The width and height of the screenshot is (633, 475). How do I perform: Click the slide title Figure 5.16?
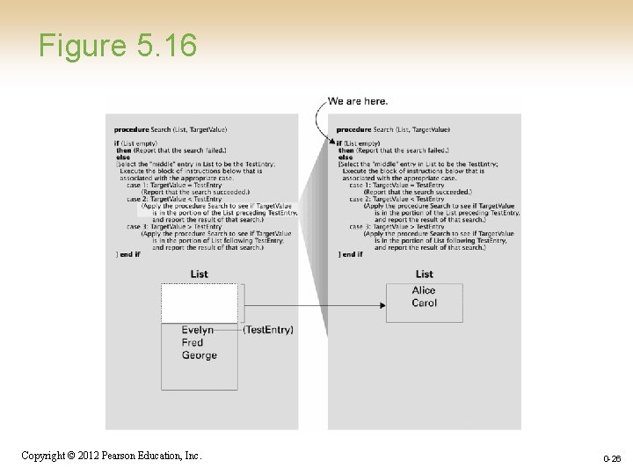point(118,45)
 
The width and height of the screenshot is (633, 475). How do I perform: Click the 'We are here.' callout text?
point(358,101)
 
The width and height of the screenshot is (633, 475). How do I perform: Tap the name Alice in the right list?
point(424,290)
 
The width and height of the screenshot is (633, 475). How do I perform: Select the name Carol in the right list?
point(424,303)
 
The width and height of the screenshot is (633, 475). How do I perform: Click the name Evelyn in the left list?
point(198,330)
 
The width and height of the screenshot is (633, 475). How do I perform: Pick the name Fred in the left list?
point(193,342)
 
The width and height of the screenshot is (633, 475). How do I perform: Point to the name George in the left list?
point(200,355)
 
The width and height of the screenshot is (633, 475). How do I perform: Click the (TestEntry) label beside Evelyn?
point(268,330)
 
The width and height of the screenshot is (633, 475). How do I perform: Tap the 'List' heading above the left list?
point(200,274)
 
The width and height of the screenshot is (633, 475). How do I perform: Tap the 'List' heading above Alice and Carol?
point(425,274)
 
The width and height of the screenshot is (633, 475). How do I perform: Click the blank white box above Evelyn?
point(199,303)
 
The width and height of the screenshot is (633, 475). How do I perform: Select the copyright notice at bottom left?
point(111,456)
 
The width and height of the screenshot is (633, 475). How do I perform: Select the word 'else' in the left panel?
point(123,157)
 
